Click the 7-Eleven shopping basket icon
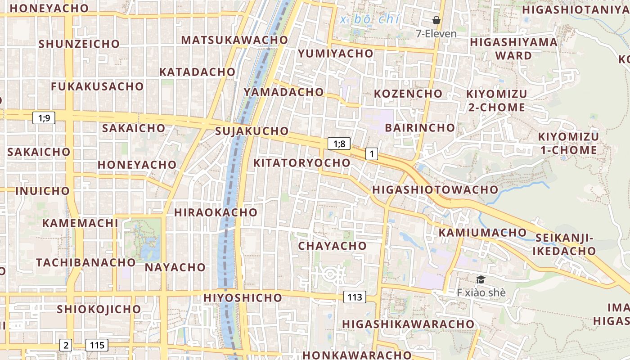tap(436, 20)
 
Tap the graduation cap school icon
tap(481, 280)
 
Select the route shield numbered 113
tap(355, 297)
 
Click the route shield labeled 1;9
tap(44, 118)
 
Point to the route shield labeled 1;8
tap(339, 144)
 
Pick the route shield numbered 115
tap(97, 345)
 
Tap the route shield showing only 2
tap(66, 345)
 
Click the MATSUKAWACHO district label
tap(234, 40)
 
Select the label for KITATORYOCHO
tap(302, 163)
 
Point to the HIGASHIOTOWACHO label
tap(435, 189)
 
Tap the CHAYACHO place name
tap(333, 246)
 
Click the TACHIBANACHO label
tap(86, 262)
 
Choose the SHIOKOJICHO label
tap(99, 309)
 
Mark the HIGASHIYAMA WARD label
tap(513, 49)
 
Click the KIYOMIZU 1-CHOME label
tap(568, 143)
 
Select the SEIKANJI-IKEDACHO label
tap(564, 244)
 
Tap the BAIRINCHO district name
tap(420, 127)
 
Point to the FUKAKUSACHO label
tap(97, 86)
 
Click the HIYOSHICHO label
tap(243, 297)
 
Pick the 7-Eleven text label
tap(436, 34)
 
